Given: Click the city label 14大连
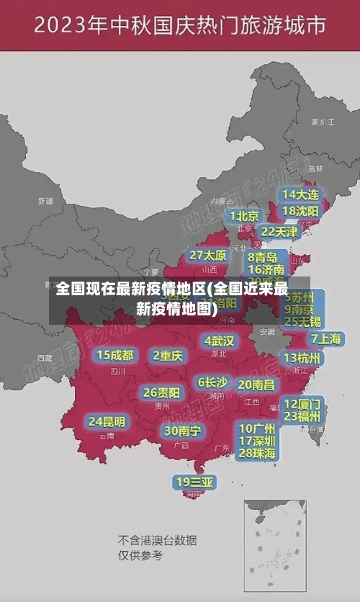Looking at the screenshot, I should click(x=300, y=194).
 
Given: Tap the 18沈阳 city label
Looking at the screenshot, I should click(x=300, y=210).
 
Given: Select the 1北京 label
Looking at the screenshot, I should click(x=245, y=215).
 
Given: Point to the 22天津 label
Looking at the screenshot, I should click(x=279, y=231).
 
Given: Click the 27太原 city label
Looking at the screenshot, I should click(x=208, y=256).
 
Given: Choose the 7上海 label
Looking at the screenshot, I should click(x=325, y=338).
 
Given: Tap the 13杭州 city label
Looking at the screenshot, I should click(x=303, y=358).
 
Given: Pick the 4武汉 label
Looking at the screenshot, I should click(x=220, y=340).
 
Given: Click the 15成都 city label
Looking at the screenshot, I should click(x=115, y=355).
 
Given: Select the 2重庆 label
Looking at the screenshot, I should click(x=168, y=356).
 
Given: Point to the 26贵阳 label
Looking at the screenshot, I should click(x=161, y=392).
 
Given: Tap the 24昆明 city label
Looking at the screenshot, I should click(x=107, y=421).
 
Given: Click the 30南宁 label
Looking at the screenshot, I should click(x=182, y=431).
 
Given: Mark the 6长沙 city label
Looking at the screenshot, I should click(x=212, y=382).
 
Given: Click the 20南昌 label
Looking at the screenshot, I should click(x=256, y=385).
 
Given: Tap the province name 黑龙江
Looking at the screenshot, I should click(x=322, y=122).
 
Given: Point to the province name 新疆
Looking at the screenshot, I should click(x=45, y=201).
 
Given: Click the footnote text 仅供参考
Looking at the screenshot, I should click(x=141, y=555).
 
